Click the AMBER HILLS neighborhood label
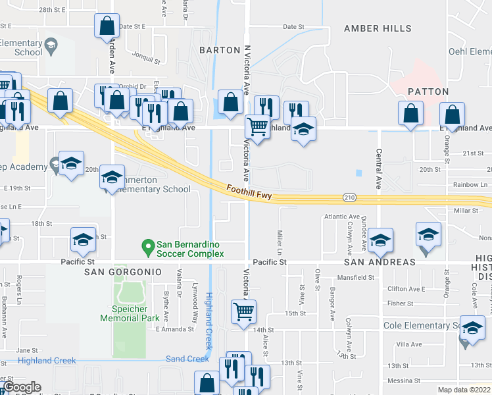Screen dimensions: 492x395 point(378,29)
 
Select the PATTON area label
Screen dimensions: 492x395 point(428,92)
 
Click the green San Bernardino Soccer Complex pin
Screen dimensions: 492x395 point(148,248)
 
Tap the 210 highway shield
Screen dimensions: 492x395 point(349,197)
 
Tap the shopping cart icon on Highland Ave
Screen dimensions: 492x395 point(257,126)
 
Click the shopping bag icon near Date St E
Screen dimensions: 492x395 point(107,26)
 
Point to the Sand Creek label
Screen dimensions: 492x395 point(187,359)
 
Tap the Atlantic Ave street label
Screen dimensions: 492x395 point(341,217)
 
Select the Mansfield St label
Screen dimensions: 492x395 point(354,277)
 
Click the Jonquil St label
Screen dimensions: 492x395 point(146,59)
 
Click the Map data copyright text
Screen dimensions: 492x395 point(464,390)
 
